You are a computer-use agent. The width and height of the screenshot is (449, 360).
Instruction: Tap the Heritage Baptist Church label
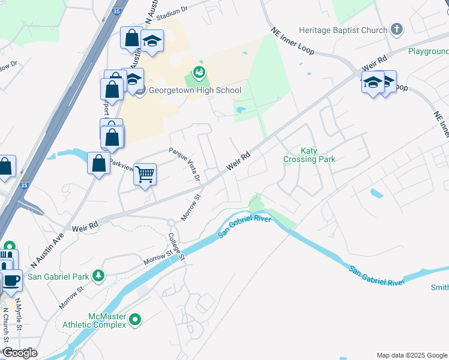(343, 30)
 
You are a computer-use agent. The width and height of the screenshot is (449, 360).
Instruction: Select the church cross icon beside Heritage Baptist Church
(396, 29)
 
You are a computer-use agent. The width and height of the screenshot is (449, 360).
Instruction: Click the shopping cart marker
(145, 175)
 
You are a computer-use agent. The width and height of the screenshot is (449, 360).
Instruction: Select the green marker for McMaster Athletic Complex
(136, 320)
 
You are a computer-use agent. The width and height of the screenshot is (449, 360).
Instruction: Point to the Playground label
(428, 52)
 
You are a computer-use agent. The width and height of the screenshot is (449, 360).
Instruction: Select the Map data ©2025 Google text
(411, 355)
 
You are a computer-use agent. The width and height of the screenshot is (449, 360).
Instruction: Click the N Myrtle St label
(19, 314)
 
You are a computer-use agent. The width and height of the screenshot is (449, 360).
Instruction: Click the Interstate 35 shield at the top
(116, 10)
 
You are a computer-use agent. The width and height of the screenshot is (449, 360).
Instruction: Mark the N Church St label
(6, 324)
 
